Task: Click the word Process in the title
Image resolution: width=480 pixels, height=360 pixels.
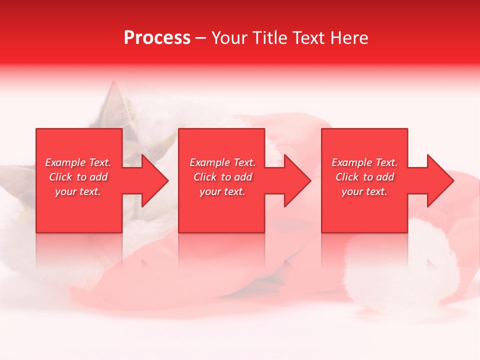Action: click(x=157, y=38)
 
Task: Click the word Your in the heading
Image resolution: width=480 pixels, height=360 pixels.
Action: click(x=229, y=38)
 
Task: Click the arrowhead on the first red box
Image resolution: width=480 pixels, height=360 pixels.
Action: click(x=152, y=180)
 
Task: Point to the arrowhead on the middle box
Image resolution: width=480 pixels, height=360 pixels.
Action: click(x=295, y=180)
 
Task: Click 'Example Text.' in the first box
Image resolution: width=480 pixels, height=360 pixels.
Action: click(x=78, y=162)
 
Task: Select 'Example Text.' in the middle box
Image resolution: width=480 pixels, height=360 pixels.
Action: click(x=222, y=162)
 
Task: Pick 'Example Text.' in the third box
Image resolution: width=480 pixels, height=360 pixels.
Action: click(x=364, y=162)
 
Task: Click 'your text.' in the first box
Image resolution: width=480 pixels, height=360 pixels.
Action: click(x=78, y=191)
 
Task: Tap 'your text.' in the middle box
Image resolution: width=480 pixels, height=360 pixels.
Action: click(x=222, y=191)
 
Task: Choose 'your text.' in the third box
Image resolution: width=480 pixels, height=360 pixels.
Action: click(x=364, y=191)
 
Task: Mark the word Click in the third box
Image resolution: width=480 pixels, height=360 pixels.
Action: click(x=347, y=177)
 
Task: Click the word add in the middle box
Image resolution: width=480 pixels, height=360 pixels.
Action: click(x=243, y=177)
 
